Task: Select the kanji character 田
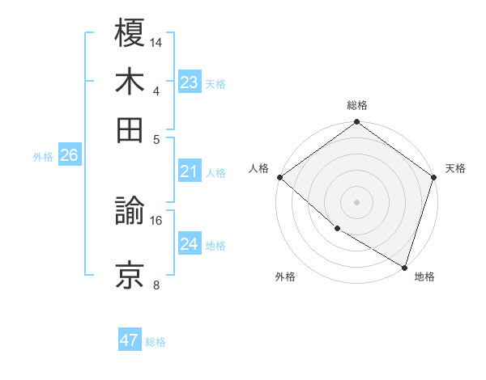(130, 129)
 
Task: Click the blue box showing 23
(190, 82)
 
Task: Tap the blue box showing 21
(190, 171)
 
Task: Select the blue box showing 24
(190, 244)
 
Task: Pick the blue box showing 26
(69, 156)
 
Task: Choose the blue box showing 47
(130, 340)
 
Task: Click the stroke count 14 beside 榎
(157, 41)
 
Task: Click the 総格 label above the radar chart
(357, 106)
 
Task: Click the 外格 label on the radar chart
(285, 277)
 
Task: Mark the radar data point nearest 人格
(279, 177)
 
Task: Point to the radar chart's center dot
(357, 202)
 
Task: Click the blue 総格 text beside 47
(156, 342)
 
